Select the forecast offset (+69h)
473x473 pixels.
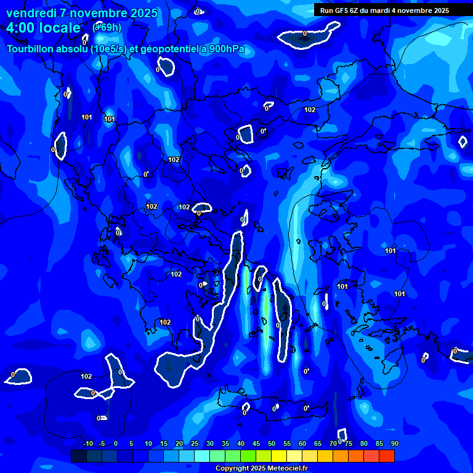[107, 27]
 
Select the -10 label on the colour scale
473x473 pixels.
[87, 443]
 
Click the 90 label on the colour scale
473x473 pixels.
[395, 443]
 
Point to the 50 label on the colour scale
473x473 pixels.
[272, 443]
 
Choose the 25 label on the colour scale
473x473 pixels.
[195, 443]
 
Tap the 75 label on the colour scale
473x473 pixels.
[349, 443]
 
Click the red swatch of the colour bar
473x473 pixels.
[386, 456]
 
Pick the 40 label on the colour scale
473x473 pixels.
[241, 443]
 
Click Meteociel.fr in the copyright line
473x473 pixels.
[287, 469]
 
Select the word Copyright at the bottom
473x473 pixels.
[232, 469]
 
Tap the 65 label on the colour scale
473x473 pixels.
[318, 443]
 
